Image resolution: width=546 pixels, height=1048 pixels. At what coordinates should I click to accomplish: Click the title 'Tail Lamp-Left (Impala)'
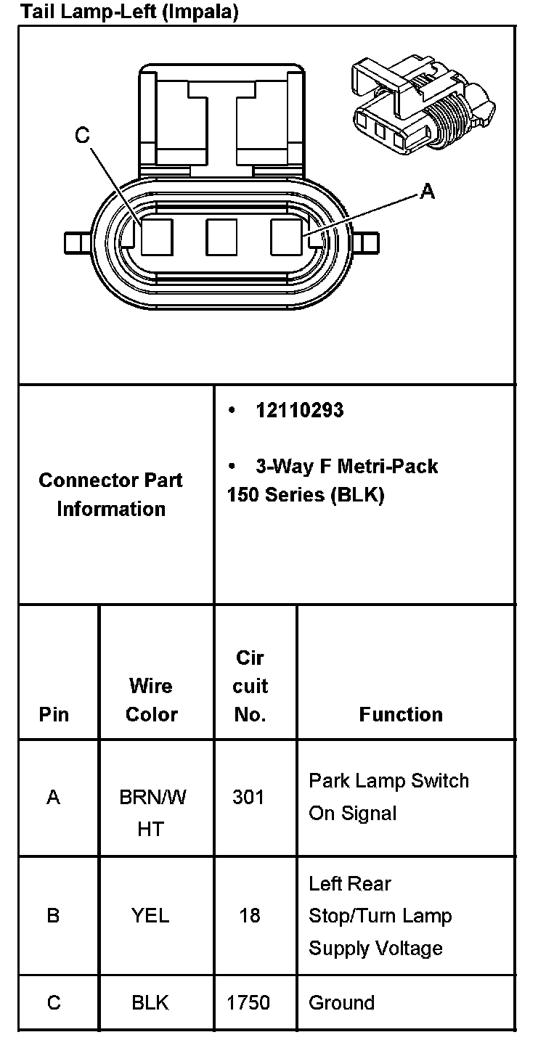pos(130,12)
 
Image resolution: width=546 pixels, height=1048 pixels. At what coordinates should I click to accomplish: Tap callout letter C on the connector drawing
pos(82,135)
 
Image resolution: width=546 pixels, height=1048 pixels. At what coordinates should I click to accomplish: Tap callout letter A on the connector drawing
pos(428,191)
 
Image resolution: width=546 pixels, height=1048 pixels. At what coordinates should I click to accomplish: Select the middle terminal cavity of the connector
pos(222,237)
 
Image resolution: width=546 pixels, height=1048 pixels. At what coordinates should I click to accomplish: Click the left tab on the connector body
pos(76,242)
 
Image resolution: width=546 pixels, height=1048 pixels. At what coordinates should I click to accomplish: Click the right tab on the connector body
pos(367,242)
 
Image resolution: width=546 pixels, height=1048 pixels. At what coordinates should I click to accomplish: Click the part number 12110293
pos(299,411)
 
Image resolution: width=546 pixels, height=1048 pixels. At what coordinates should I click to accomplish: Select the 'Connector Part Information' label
pos(111,494)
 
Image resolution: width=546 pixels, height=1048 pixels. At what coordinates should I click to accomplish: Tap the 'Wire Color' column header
pos(151,700)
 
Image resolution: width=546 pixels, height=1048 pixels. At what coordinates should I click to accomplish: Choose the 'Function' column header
pos(401,714)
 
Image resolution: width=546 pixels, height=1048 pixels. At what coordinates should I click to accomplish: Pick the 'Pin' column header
pos(54,714)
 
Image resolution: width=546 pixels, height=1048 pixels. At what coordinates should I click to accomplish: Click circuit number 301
pos(248,797)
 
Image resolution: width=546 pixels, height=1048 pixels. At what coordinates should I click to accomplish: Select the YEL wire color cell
pos(150,915)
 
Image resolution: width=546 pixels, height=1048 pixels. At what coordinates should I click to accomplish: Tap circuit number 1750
pos(248,1002)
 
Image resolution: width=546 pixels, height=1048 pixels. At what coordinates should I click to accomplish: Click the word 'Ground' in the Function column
pos(341,1002)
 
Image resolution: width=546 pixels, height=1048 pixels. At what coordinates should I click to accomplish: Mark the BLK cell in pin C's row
pos(150,1002)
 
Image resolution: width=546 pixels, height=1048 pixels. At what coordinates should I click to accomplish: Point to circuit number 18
pos(249,915)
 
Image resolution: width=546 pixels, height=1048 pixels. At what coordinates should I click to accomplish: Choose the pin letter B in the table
pos(53,915)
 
